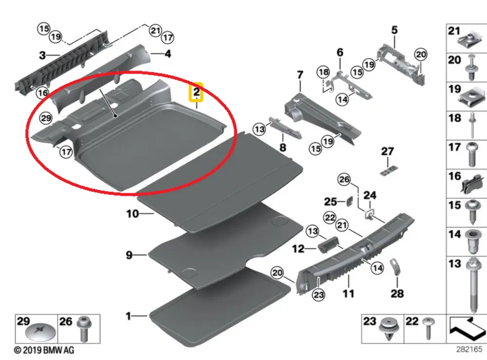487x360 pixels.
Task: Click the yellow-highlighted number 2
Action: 196,92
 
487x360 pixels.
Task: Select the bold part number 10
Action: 132,213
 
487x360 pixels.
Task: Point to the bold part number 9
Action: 129,255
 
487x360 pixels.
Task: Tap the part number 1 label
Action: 129,316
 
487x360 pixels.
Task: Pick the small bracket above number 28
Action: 396,266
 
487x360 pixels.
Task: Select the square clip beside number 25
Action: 350,200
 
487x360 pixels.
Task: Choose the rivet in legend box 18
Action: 471,124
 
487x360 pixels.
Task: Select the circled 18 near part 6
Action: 323,72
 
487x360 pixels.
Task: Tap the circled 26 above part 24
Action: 344,180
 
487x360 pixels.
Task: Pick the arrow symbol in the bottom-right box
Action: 466,327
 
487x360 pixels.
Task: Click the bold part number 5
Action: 394,30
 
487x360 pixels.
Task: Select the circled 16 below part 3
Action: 43,93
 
